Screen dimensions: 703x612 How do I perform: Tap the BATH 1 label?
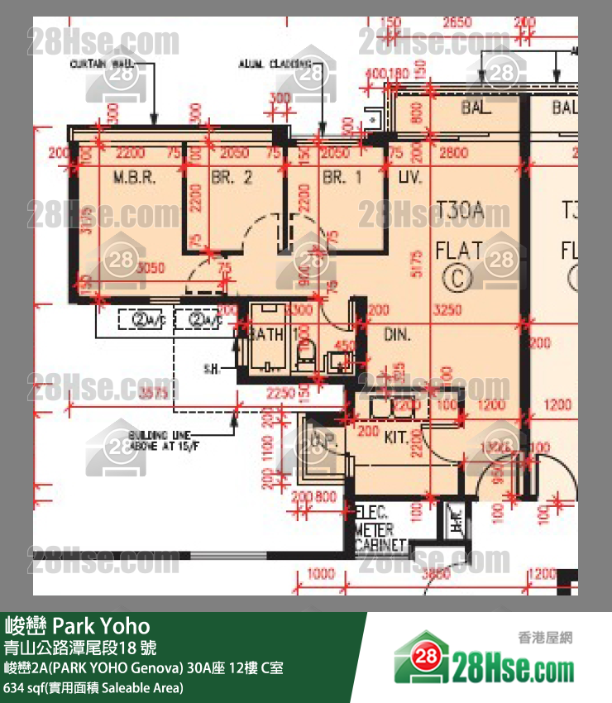click(x=263, y=333)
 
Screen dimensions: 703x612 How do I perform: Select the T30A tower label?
click(x=460, y=212)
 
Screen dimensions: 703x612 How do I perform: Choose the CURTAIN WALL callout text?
click(x=104, y=63)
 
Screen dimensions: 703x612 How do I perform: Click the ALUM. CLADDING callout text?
click(x=275, y=63)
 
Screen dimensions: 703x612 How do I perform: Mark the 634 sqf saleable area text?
click(x=94, y=687)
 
